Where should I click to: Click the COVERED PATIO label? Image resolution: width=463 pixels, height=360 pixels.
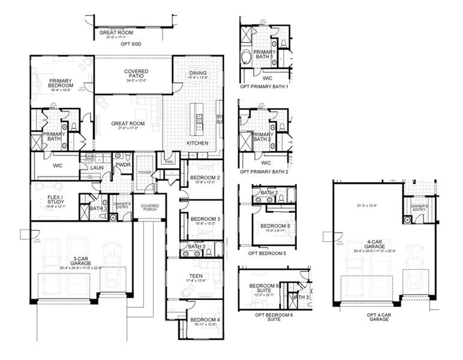point(136,74)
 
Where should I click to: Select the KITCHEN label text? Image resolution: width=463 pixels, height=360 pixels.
point(197,143)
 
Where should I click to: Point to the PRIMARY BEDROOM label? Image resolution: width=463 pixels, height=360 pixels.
point(61,83)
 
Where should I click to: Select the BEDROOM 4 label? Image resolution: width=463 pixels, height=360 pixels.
point(205,320)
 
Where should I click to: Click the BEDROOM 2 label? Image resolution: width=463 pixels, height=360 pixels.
point(205,178)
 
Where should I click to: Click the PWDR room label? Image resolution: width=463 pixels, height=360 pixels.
point(123,164)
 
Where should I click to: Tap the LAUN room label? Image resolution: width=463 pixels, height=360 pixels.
point(97,168)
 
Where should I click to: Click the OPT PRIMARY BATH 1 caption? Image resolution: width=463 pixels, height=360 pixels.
point(264,86)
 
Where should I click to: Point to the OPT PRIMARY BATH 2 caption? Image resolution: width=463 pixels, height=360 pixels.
point(264,172)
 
